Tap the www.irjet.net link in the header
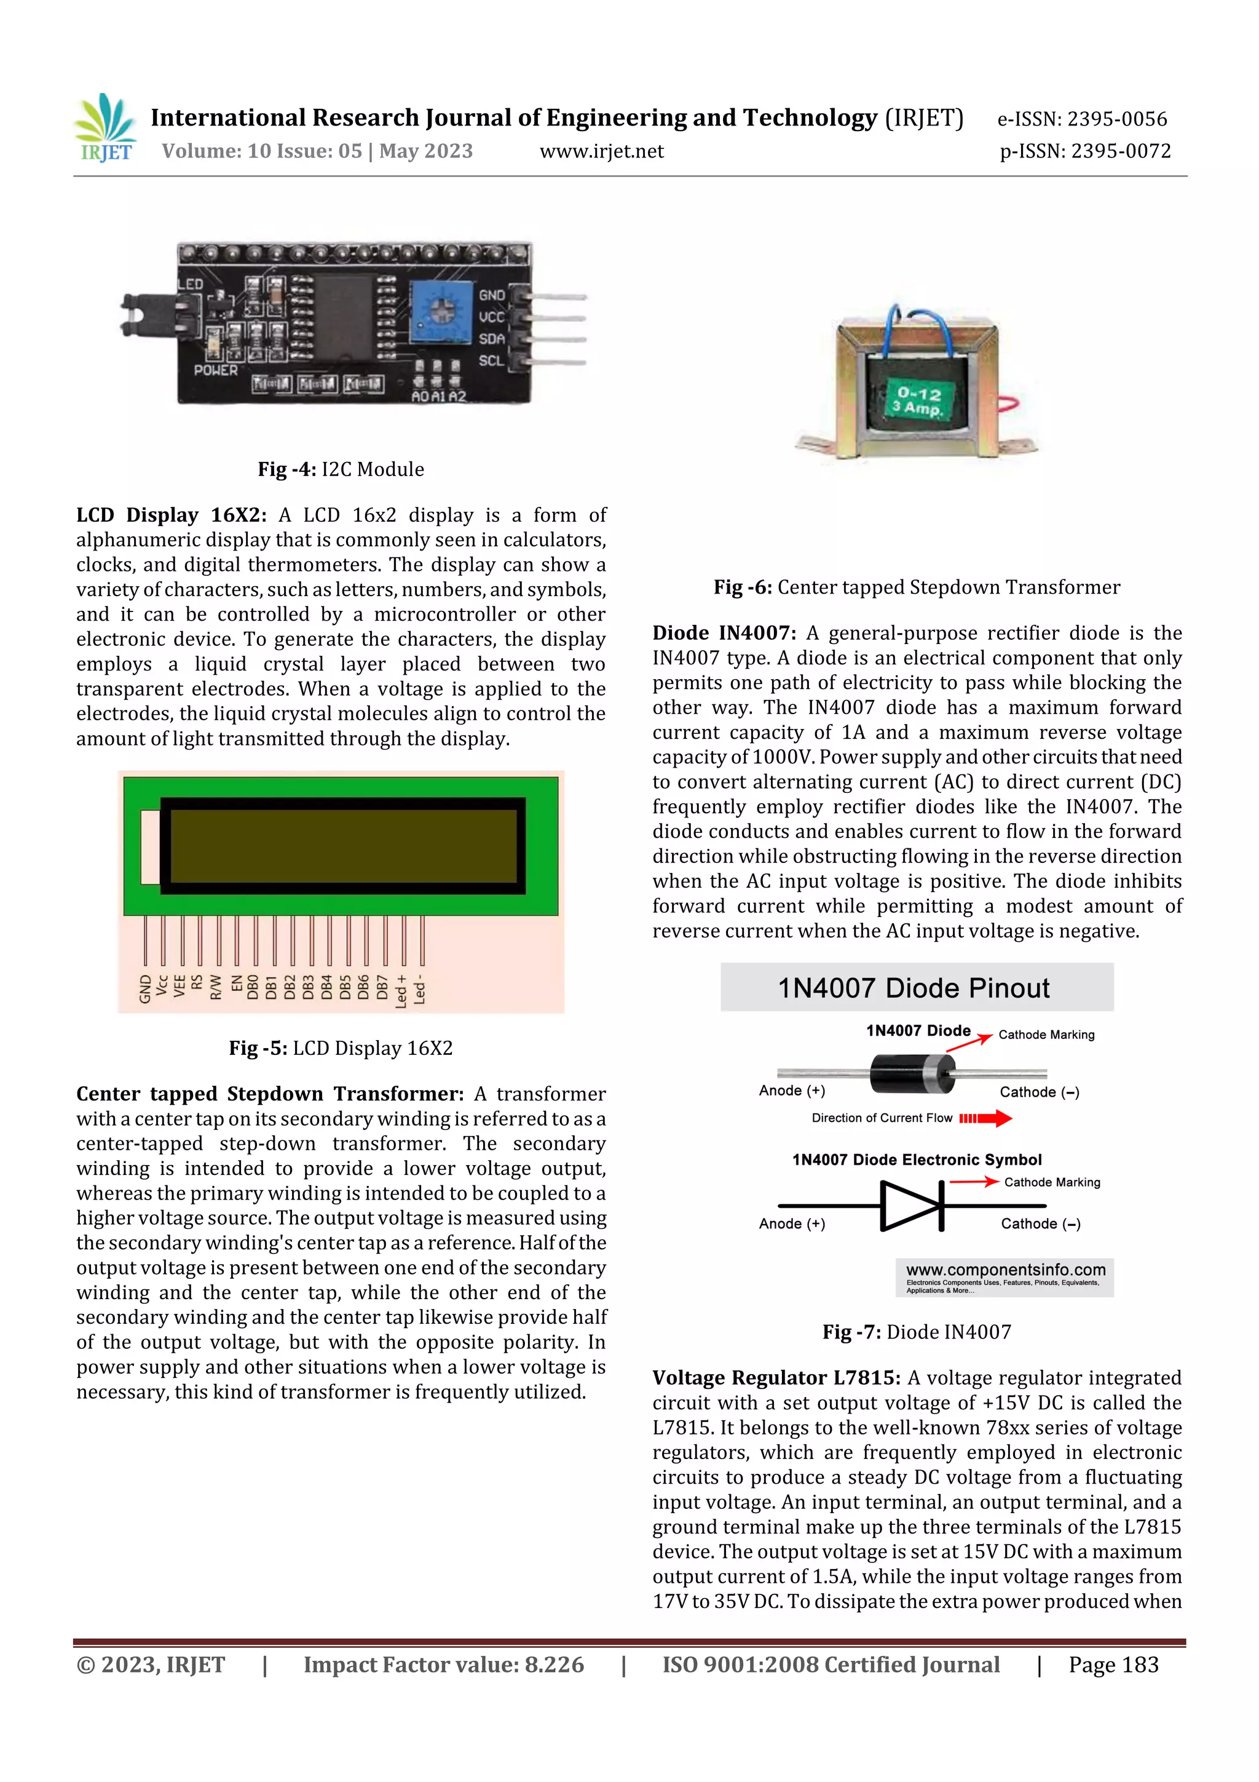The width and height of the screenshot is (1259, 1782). coord(601,151)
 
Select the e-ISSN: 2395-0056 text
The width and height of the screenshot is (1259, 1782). coord(1081,119)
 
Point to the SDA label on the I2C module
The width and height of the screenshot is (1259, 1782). coord(492,339)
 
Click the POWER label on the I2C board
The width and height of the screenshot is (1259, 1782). coord(216,370)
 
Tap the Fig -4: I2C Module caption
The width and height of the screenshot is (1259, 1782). coord(341,469)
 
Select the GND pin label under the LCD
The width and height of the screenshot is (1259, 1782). coord(145,990)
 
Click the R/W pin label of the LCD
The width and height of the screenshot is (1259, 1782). coord(216,987)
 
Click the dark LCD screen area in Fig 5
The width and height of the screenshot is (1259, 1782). coord(343,846)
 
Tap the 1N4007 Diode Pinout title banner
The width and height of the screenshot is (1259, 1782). coord(916,987)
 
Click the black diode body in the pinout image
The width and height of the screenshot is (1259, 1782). coord(910,1073)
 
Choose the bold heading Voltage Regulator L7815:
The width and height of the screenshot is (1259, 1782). coord(776,1378)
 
